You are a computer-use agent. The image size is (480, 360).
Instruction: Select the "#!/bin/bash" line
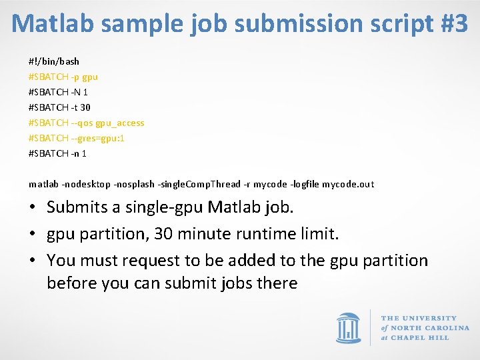click(54, 61)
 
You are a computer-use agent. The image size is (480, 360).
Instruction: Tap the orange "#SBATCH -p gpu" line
click(63, 77)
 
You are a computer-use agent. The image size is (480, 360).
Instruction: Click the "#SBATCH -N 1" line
click(58, 92)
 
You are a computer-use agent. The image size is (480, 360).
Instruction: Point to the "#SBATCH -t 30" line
click(60, 107)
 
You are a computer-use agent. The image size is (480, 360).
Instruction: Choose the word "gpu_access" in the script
click(120, 123)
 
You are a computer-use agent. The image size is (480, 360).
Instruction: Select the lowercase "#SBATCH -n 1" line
click(58, 153)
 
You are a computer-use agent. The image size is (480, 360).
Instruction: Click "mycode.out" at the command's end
click(348, 184)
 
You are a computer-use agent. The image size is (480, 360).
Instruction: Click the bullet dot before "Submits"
click(33, 207)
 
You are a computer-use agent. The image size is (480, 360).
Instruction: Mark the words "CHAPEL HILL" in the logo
click(421, 338)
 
